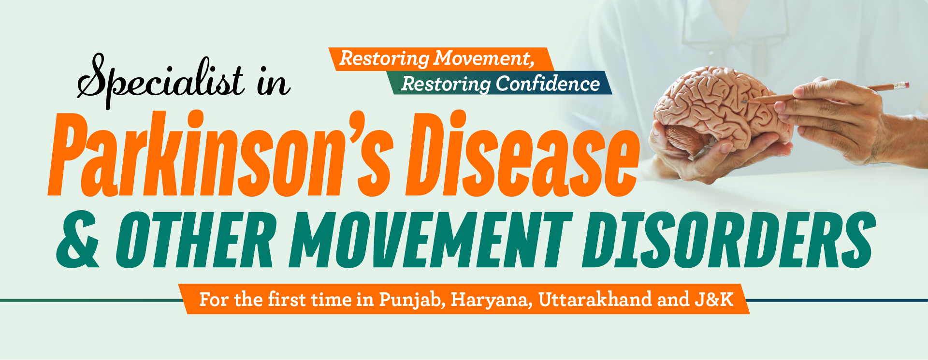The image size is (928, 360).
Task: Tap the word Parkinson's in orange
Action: (x=220, y=155)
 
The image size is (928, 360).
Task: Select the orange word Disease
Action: (x=522, y=155)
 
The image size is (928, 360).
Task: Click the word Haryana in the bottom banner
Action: (x=492, y=300)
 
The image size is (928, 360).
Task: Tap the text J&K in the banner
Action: (x=714, y=299)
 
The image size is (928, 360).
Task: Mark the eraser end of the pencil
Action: (x=902, y=85)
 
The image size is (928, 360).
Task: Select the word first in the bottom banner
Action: (x=287, y=300)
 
